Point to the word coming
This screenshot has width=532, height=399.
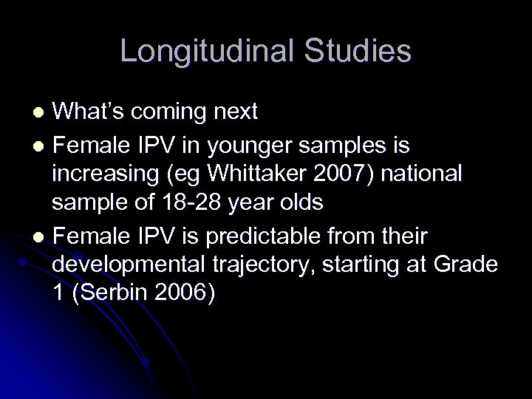click(x=173, y=112)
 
